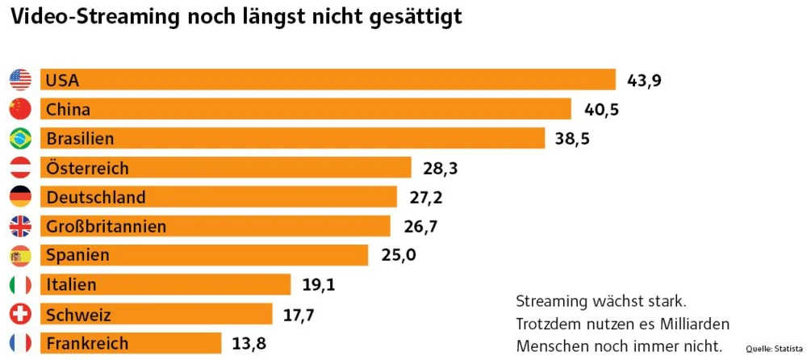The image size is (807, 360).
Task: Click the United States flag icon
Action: pyautogui.click(x=20, y=80)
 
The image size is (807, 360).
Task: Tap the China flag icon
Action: pyautogui.click(x=20, y=109)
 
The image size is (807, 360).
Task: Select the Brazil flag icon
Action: pyautogui.click(x=20, y=139)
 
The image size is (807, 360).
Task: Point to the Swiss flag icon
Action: pyautogui.click(x=20, y=314)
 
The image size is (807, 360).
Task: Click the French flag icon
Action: pyautogui.click(x=20, y=343)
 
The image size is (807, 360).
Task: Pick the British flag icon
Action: pyautogui.click(x=20, y=226)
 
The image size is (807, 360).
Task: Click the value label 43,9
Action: pyautogui.click(x=644, y=80)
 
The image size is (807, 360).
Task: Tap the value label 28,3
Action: pyautogui.click(x=440, y=168)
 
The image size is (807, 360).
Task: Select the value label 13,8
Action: pyautogui.click(x=249, y=343)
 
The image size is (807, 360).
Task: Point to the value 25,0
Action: pyautogui.click(x=398, y=256)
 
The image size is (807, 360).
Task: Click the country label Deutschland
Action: pyautogui.click(x=96, y=197)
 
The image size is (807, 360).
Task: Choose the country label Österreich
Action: pyautogui.click(x=88, y=168)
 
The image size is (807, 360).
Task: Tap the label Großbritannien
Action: pyautogui.click(x=107, y=226)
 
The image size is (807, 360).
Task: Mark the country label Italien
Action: pyautogui.click(x=72, y=285)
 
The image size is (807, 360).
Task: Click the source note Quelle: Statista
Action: pyautogui.click(x=771, y=349)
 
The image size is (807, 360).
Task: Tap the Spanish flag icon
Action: pyautogui.click(x=20, y=256)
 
